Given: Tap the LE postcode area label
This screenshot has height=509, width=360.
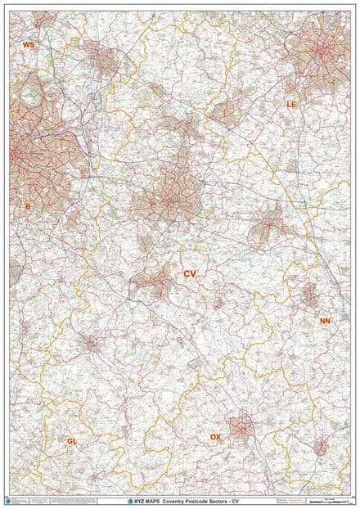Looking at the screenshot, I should (291, 105).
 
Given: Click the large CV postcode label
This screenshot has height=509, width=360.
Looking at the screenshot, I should (190, 273).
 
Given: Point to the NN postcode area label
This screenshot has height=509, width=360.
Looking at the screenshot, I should (326, 322).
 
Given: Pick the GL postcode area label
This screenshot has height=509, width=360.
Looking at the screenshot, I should (72, 441).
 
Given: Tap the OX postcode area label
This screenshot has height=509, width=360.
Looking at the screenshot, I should (215, 438).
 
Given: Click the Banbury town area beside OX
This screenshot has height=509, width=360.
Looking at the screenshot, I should (240, 426).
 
